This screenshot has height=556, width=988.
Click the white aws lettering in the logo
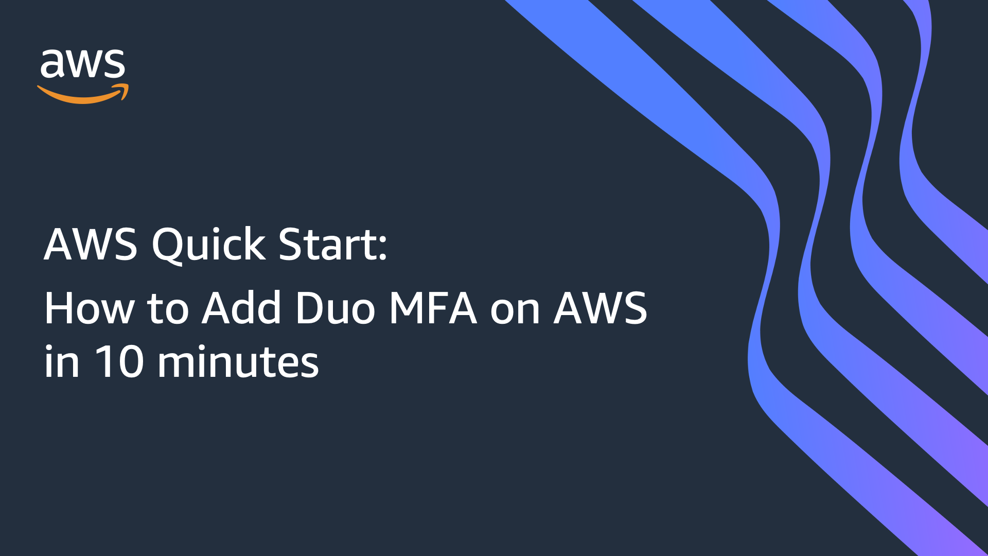[82, 64]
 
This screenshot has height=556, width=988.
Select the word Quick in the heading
[208, 245]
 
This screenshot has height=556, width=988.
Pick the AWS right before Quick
[91, 245]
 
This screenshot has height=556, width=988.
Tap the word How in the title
[89, 308]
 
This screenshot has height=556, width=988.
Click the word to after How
[168, 309]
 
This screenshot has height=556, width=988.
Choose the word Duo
[335, 308]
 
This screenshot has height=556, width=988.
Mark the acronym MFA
[433, 308]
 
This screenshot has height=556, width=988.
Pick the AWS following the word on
[601, 308]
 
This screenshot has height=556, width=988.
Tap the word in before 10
[62, 362]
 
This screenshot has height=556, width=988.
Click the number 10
[118, 362]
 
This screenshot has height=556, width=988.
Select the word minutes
[238, 362]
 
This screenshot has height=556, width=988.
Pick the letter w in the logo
[83, 65]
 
